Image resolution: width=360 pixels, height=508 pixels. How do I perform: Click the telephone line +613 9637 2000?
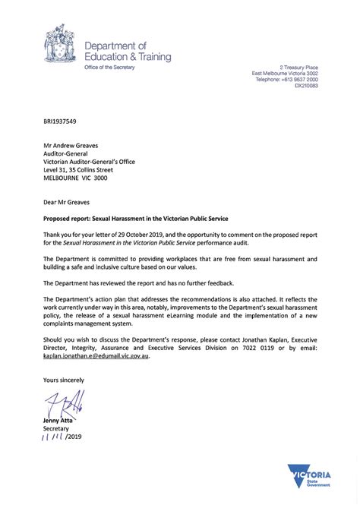click(286, 79)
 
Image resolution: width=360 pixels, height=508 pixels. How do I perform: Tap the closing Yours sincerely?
click(64, 379)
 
